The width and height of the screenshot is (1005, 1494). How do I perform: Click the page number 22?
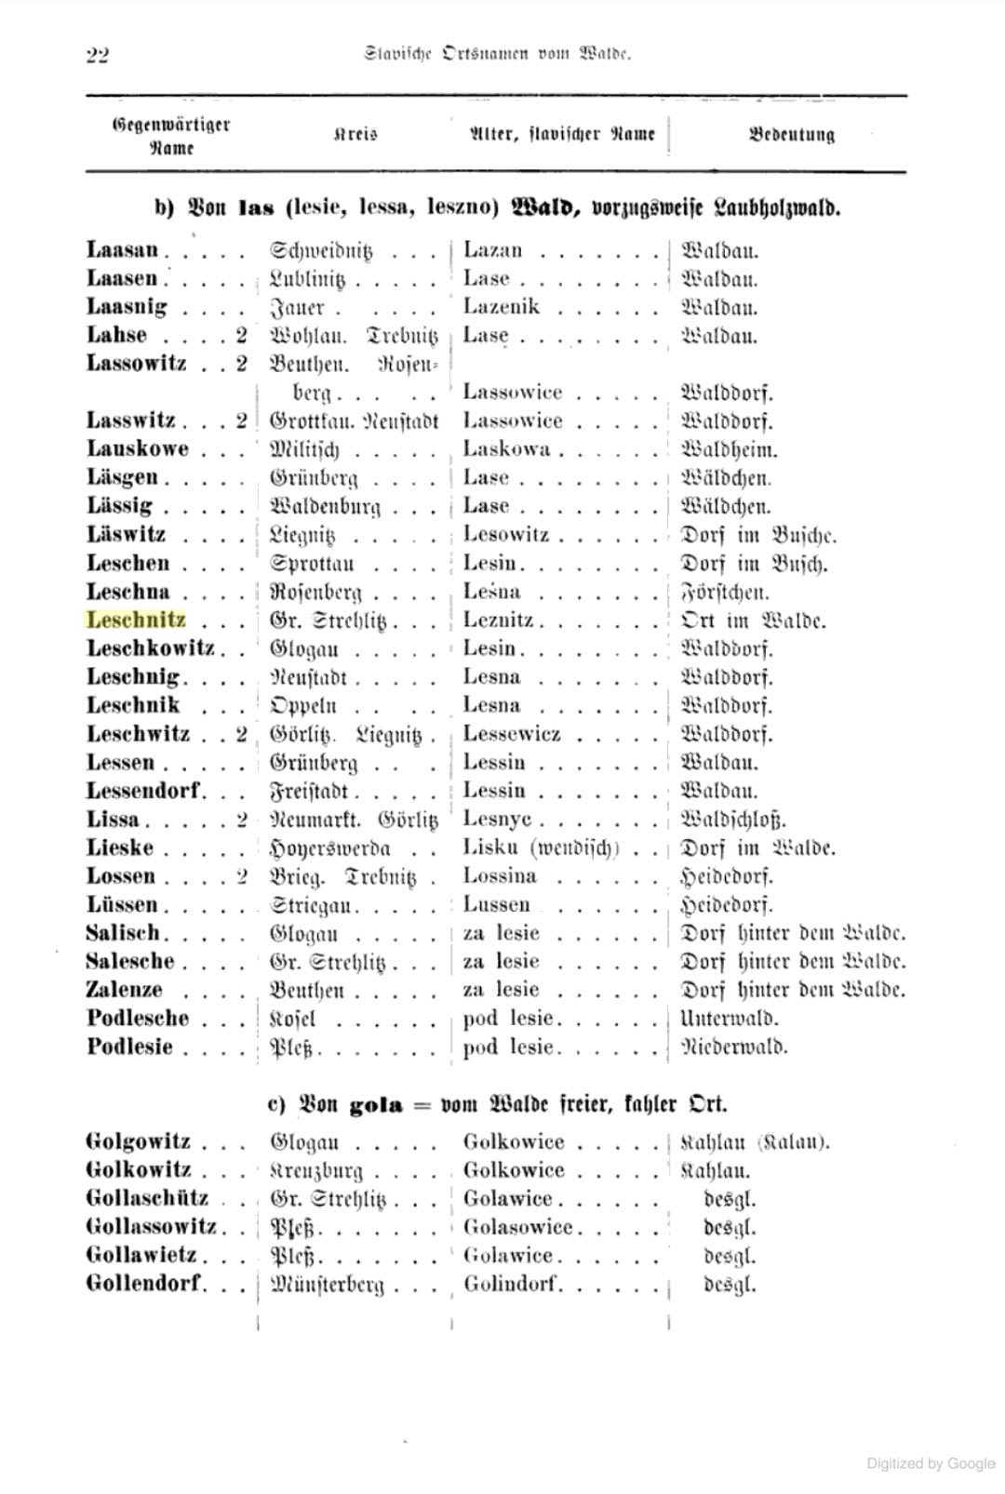[97, 55]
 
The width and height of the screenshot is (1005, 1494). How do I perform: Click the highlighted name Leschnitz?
[136, 620]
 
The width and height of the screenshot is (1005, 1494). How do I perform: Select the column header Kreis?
[355, 134]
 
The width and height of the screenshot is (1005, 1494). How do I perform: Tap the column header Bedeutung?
[791, 134]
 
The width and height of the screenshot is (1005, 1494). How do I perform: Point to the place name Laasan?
[122, 250]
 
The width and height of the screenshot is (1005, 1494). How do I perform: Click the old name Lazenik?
[501, 307]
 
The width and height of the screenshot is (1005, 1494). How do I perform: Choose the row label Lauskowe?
[137, 449]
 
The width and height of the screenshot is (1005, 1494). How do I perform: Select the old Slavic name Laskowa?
[506, 449]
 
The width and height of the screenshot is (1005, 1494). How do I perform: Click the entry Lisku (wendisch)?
[541, 848]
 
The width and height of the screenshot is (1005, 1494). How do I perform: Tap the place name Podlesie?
[129, 1047]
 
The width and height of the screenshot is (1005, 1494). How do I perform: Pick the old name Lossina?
[499, 876]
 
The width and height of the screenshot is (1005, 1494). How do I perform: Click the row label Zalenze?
[124, 990]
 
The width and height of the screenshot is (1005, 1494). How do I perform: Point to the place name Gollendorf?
[144, 1285]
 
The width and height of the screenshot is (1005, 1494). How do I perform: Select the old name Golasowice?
[517, 1227]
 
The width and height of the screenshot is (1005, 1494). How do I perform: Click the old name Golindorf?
[512, 1285]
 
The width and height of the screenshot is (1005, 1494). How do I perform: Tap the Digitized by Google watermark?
[931, 1463]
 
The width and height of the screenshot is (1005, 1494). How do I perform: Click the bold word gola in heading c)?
[375, 1105]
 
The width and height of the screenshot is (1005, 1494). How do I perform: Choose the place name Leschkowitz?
[150, 648]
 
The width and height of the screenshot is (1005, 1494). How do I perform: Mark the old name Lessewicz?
[512, 735]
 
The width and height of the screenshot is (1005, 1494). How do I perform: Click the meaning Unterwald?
[730, 1019]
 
